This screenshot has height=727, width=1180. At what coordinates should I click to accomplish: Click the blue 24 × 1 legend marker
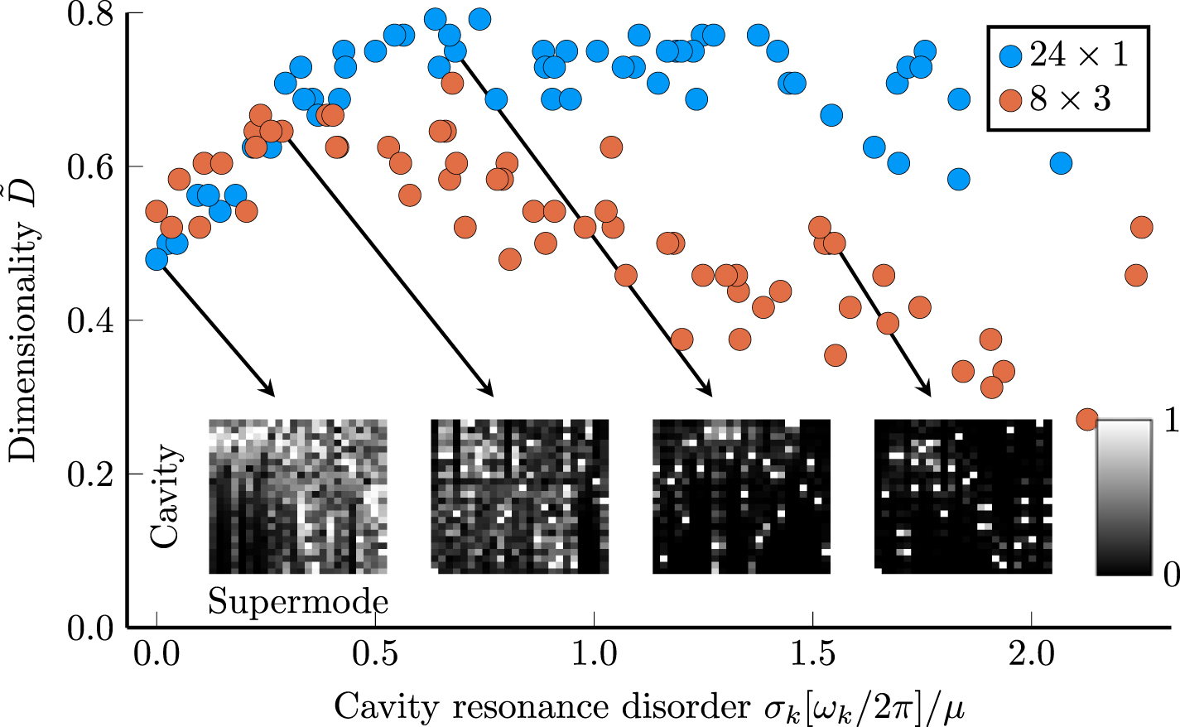point(1011,55)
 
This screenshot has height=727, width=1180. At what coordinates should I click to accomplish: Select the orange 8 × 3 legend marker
point(1011,100)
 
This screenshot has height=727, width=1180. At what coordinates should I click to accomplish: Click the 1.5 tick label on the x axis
point(813,654)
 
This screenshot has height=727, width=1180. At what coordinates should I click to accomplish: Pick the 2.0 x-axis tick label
point(1032,654)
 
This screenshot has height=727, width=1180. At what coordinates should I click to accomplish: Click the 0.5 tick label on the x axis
point(375,654)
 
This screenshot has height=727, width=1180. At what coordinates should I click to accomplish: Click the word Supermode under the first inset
point(298,601)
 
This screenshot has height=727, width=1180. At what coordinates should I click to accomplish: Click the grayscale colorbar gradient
point(1124,497)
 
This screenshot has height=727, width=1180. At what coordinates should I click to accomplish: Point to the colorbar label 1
point(1170,421)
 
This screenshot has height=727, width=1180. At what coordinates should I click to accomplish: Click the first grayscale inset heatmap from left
point(298,496)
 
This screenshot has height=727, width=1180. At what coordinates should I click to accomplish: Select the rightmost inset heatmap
point(963,496)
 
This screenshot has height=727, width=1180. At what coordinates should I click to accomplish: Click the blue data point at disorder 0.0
point(157,259)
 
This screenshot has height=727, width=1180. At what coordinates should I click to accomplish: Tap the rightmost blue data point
point(1062,163)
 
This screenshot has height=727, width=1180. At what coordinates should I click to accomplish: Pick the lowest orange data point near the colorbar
point(1087,419)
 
